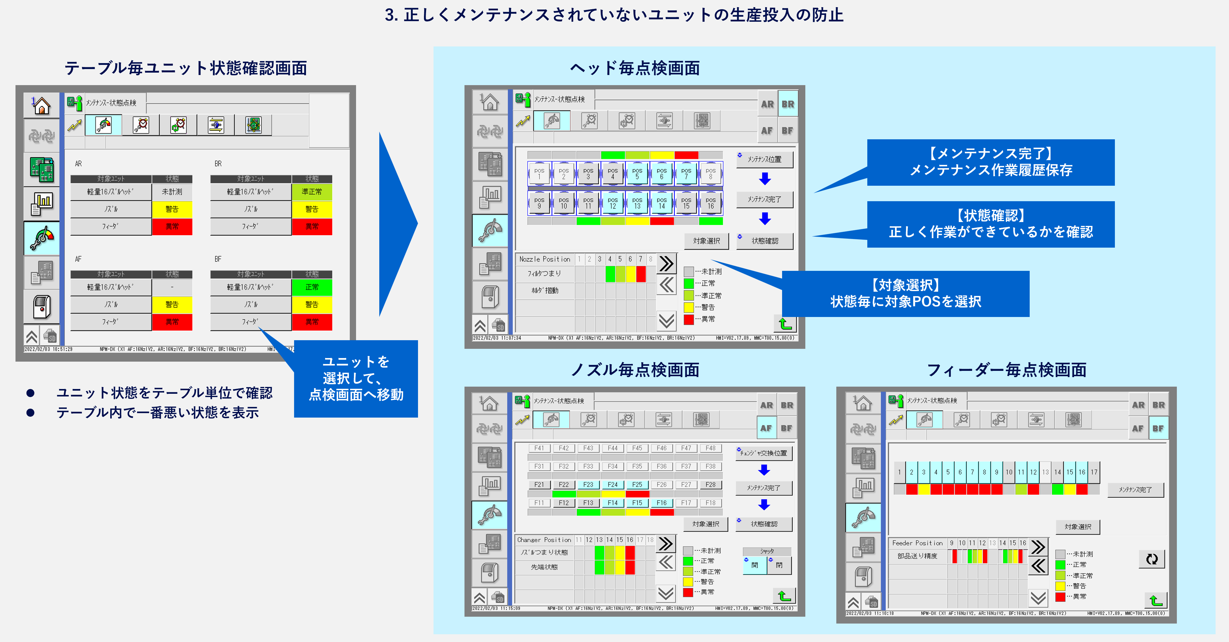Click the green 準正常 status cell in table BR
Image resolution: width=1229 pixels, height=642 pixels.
point(312,192)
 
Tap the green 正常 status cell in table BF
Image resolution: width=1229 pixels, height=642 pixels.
point(312,287)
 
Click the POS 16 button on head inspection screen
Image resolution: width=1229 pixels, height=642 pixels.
point(710,203)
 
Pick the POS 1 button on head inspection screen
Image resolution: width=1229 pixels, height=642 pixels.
point(539,174)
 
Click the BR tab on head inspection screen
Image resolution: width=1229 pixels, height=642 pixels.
point(788,104)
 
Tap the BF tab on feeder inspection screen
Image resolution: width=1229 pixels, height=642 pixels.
point(1158,428)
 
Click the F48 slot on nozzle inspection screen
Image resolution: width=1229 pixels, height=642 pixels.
point(710,448)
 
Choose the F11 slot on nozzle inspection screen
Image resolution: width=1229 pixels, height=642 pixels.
point(539,503)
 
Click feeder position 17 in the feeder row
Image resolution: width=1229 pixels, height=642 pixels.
point(1094,472)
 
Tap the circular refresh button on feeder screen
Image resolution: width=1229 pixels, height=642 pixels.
point(1152,559)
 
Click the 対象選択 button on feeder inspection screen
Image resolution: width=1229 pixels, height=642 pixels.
point(1078,527)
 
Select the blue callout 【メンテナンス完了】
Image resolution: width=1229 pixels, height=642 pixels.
point(990,162)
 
